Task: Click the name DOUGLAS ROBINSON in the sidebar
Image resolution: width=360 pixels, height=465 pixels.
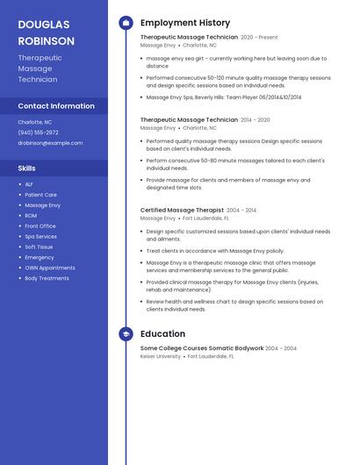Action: (x=46, y=32)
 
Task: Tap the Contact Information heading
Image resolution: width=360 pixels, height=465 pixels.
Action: (x=56, y=105)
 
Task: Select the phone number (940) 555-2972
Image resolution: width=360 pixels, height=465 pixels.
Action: (x=38, y=132)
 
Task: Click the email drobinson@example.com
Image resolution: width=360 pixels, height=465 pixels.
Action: (x=50, y=142)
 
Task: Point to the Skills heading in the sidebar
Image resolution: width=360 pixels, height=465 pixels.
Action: (x=27, y=168)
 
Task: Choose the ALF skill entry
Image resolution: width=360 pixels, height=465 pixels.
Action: (x=29, y=184)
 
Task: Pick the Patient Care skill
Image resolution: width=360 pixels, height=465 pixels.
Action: (x=40, y=195)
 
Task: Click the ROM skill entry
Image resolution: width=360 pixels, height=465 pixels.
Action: (x=31, y=216)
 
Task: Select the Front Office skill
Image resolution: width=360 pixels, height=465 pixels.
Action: (x=40, y=226)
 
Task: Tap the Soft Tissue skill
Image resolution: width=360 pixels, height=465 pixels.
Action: (x=39, y=247)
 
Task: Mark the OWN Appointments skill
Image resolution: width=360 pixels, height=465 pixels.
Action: (x=49, y=268)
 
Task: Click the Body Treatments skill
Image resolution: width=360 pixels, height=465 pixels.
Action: (x=47, y=278)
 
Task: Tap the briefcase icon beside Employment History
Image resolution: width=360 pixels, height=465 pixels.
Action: (x=126, y=23)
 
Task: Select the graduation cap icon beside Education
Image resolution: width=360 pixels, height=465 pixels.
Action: (x=126, y=333)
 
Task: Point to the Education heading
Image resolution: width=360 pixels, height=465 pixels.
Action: (x=162, y=333)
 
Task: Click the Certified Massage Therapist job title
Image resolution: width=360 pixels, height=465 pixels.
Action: (x=182, y=211)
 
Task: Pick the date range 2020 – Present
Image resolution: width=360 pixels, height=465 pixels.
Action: (x=259, y=38)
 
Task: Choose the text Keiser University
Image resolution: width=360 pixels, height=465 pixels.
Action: (x=160, y=356)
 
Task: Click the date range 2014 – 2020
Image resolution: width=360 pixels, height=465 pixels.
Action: (x=256, y=119)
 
